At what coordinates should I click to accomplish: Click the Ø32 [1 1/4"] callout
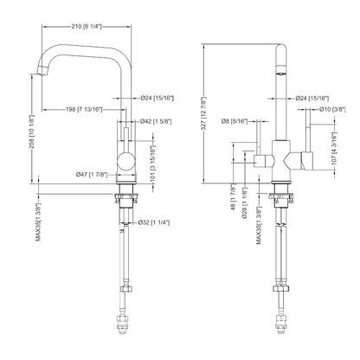[x=157, y=223]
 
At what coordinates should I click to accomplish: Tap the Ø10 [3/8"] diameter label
[x=333, y=109]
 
